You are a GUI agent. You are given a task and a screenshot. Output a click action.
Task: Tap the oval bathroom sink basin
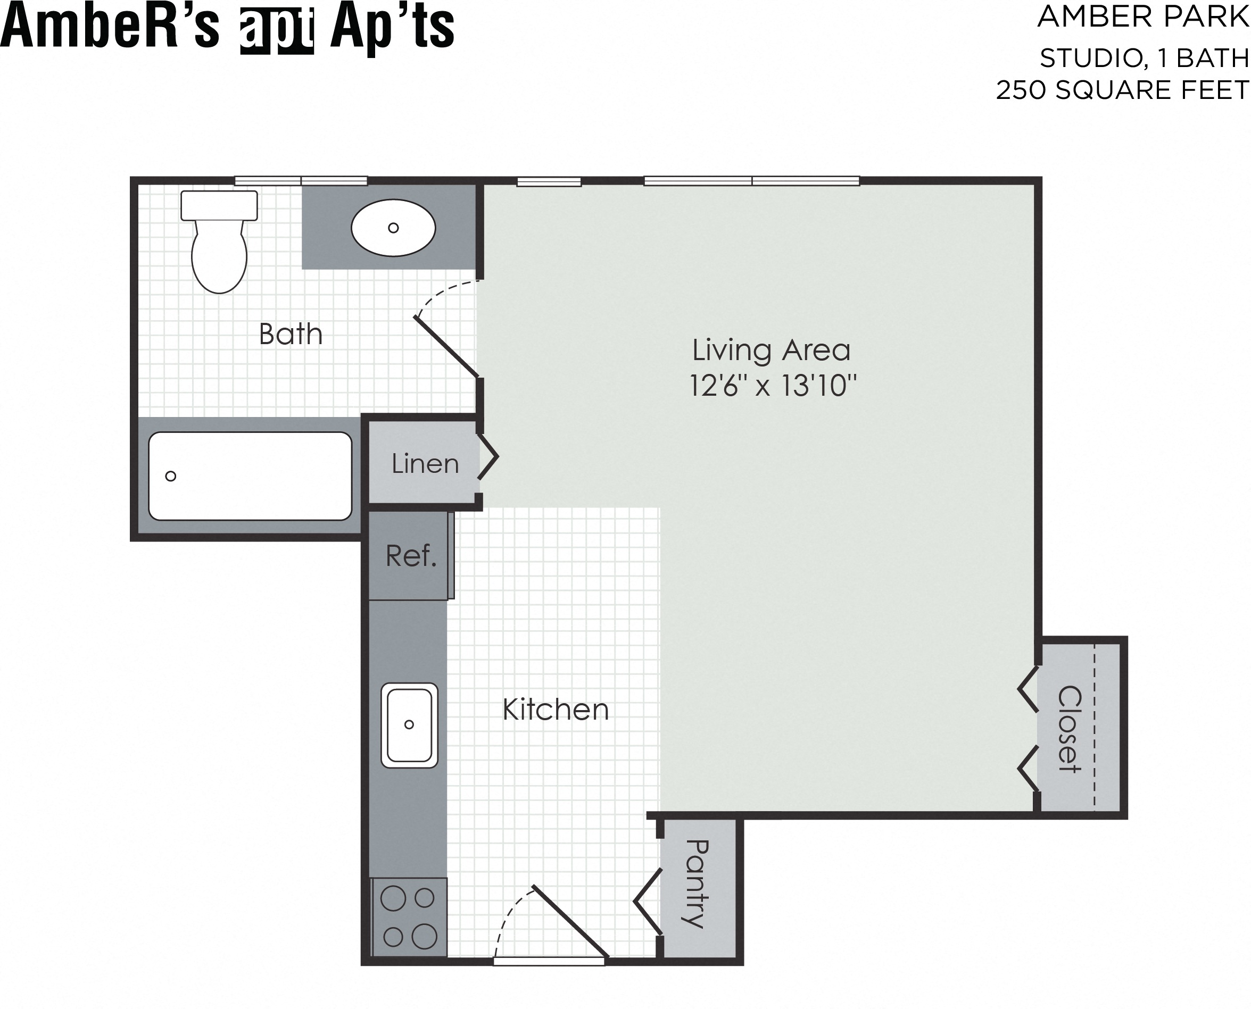click(x=393, y=228)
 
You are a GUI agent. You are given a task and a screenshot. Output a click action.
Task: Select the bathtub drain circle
click(x=170, y=476)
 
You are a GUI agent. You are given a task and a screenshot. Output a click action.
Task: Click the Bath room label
click(x=290, y=334)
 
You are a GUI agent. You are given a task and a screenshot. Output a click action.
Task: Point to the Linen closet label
click(x=425, y=464)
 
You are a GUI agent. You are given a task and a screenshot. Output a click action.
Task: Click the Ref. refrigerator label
click(x=410, y=556)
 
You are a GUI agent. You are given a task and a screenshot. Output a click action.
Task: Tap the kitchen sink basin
click(x=409, y=725)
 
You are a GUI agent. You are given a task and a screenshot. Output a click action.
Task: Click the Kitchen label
click(x=555, y=710)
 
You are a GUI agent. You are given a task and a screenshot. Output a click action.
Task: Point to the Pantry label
click(x=696, y=883)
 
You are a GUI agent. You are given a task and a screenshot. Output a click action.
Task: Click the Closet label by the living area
click(x=1068, y=729)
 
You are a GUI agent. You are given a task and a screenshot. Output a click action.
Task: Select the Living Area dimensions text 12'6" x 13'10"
click(x=773, y=385)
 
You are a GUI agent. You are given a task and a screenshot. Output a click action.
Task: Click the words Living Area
click(x=771, y=350)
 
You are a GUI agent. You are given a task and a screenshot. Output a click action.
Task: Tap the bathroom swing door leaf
click(x=446, y=347)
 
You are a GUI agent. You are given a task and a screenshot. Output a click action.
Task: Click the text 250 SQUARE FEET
click(x=1122, y=90)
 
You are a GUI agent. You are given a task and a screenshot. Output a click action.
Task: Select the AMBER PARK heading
click(x=1143, y=17)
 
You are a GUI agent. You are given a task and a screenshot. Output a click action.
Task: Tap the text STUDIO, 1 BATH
click(x=1144, y=58)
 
